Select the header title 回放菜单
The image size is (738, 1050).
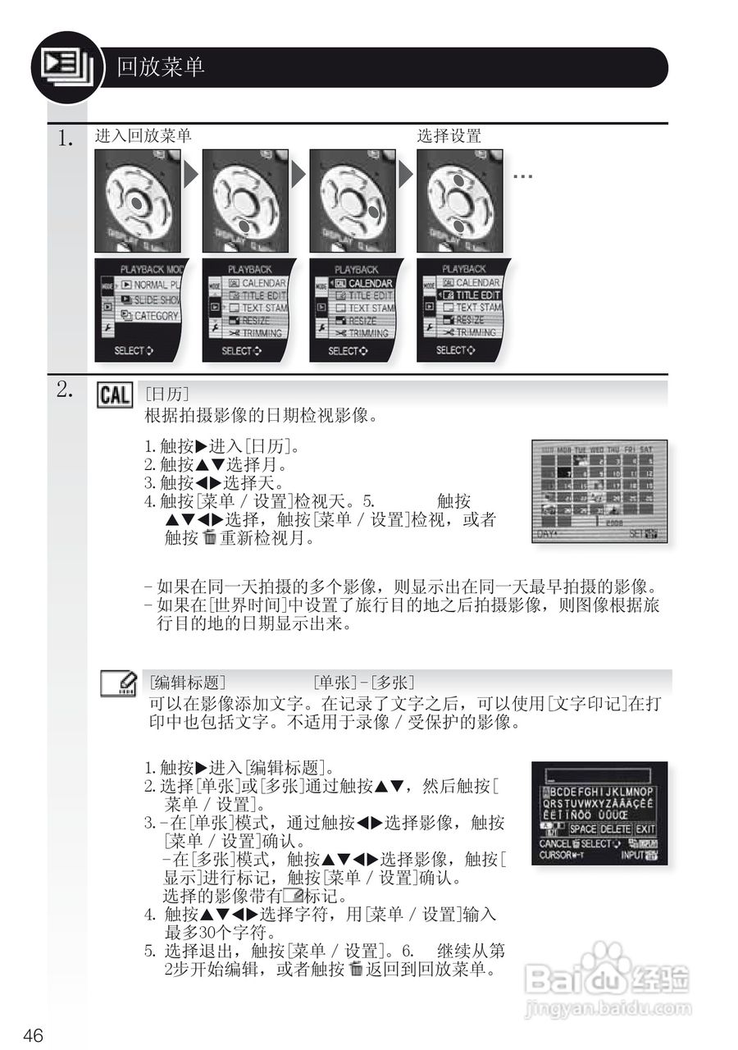(161, 67)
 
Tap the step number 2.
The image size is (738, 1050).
(66, 390)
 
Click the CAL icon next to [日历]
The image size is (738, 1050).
(115, 395)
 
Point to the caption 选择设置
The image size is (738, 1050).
(449, 136)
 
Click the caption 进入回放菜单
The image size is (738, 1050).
(143, 136)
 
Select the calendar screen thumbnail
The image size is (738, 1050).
(599, 491)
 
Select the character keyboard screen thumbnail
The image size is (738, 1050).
(599, 813)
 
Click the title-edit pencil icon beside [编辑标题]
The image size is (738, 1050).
(118, 683)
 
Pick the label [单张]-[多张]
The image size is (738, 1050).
(363, 682)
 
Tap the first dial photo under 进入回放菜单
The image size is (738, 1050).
(138, 201)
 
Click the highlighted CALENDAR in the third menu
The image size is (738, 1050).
(367, 283)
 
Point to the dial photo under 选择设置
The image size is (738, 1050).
(460, 201)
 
